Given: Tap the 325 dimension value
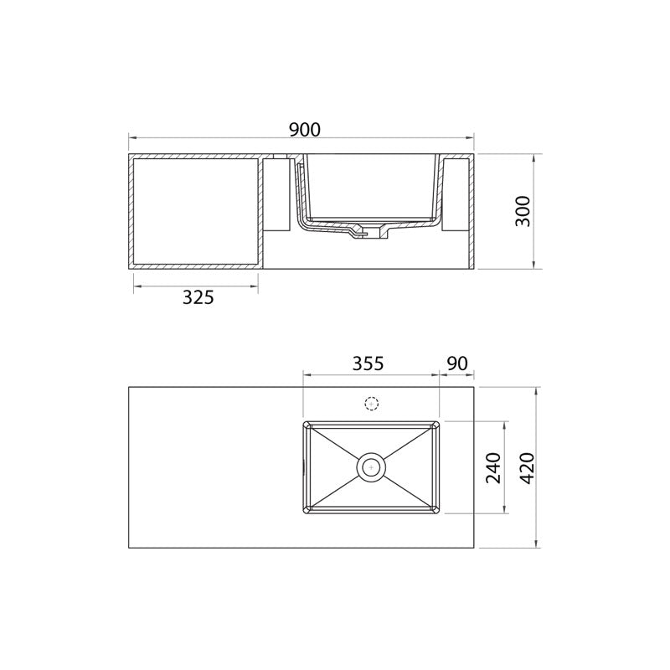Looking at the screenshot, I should pos(198,297).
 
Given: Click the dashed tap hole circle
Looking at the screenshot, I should pos(372,405).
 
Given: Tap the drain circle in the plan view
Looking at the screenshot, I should pos(371,466).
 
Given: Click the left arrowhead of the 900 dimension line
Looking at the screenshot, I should pos(131,138).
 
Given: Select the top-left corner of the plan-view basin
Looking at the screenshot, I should pos(304,422).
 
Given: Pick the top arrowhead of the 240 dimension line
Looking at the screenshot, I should pos(505,424).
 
